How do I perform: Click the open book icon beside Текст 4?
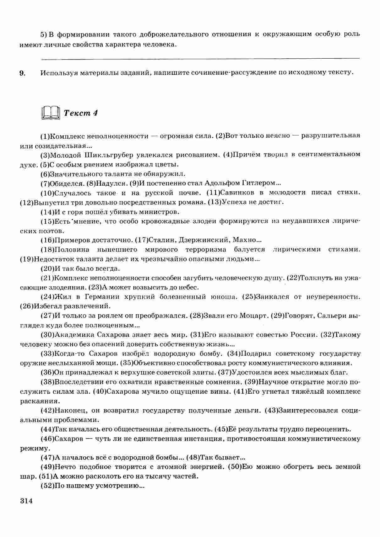click(x=50, y=113)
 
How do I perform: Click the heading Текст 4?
click(x=80, y=113)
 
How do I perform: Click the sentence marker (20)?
click(x=48, y=269)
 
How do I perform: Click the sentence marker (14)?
click(x=48, y=212)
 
